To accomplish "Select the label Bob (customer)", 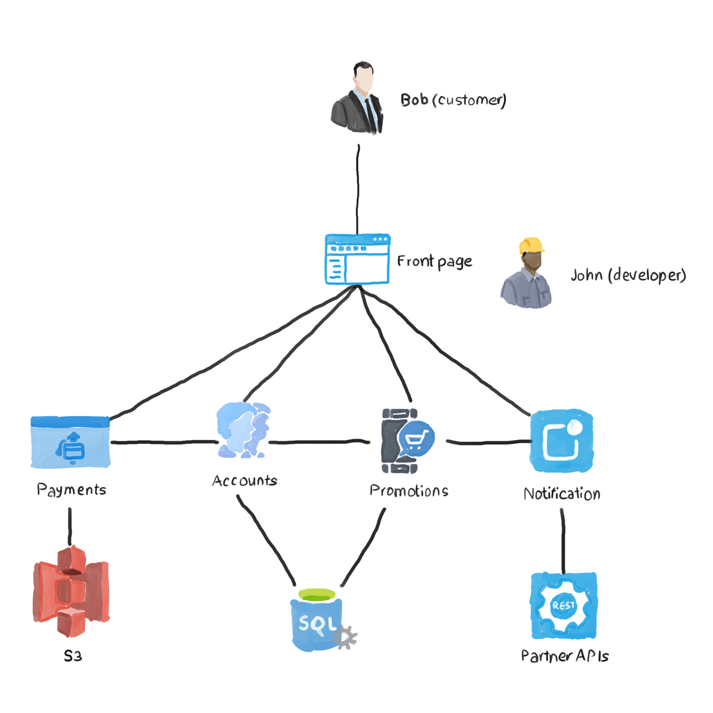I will coord(453,100).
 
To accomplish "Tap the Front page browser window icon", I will coord(357,259).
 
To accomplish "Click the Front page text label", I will coord(434,261).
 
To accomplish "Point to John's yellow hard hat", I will coord(531,245).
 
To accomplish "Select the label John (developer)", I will coord(628,275).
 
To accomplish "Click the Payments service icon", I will coord(71,443).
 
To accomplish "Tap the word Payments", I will coord(71,490).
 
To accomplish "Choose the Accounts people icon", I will coord(243,430).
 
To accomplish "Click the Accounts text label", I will coord(245,481).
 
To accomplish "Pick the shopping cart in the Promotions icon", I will coord(415,441).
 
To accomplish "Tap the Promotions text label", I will coord(409,491).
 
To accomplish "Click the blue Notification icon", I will coord(562,441).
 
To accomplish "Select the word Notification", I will coord(562,494).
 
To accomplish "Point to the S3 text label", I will coord(72,656).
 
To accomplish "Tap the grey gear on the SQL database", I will coord(346,637).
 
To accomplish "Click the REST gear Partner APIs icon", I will coord(563,606).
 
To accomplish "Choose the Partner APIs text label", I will coord(565,656).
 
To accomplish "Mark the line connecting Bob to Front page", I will coord(357,188).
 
